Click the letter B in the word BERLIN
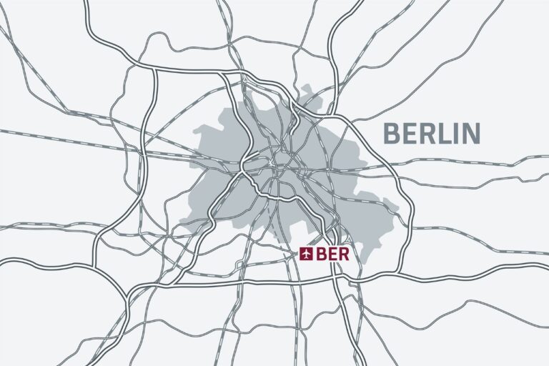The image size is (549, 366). point(391,133)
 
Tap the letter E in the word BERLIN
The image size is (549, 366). point(409,133)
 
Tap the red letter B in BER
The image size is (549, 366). point(320,254)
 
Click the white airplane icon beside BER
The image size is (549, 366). point(307,254)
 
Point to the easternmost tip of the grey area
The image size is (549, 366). point(398,207)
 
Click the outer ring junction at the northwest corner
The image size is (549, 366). point(151,68)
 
